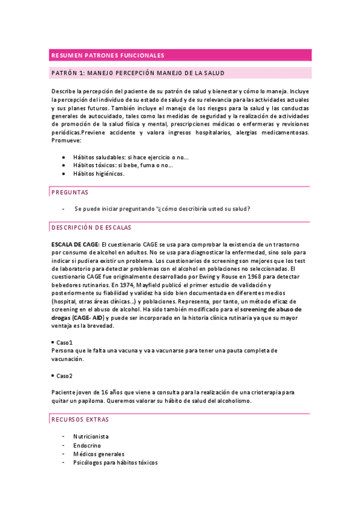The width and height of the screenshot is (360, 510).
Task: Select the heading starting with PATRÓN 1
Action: tap(138, 73)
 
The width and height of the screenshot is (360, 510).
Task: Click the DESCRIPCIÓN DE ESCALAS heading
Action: tap(96, 228)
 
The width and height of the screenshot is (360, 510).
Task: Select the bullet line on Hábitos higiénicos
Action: tap(99, 173)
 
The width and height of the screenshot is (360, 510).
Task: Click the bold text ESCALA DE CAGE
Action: tap(76, 245)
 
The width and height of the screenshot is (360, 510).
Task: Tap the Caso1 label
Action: tap(64, 342)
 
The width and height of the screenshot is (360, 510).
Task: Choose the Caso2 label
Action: tap(64, 376)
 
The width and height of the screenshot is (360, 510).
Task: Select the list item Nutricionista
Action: tap(91, 436)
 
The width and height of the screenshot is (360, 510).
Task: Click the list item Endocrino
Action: tap(87, 445)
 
